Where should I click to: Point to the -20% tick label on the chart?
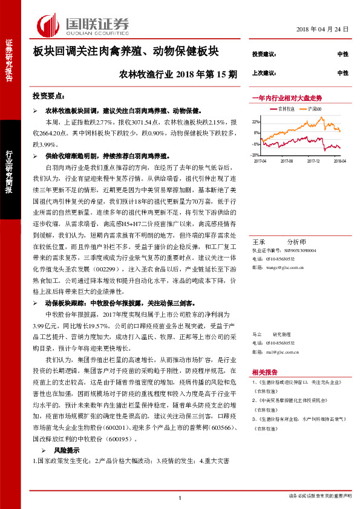pos(256,155)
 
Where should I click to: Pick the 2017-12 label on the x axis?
pos(313,161)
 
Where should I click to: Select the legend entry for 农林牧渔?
pos(287,109)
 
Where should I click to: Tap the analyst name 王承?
pos(257,240)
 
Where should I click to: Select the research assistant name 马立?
pos(257,334)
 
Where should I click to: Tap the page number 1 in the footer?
pos(180,498)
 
